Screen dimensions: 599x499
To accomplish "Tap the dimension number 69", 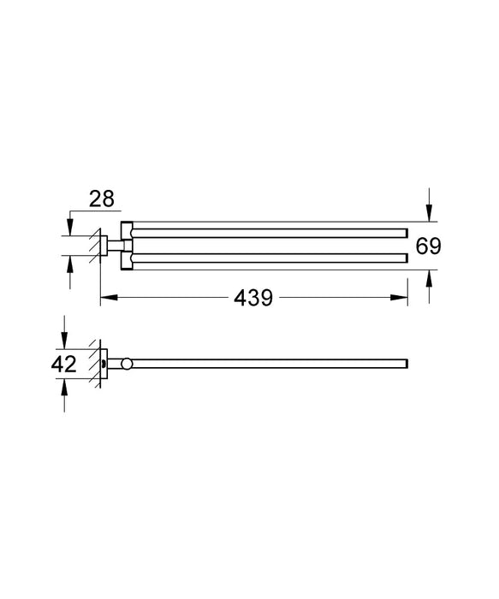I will point(428,246).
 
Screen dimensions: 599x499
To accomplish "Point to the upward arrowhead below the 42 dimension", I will point(64,387).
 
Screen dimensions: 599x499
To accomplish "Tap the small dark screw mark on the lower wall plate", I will point(104,364).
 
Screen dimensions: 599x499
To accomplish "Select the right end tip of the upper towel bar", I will point(404,231).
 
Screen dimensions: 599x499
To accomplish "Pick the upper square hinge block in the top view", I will point(128,231).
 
